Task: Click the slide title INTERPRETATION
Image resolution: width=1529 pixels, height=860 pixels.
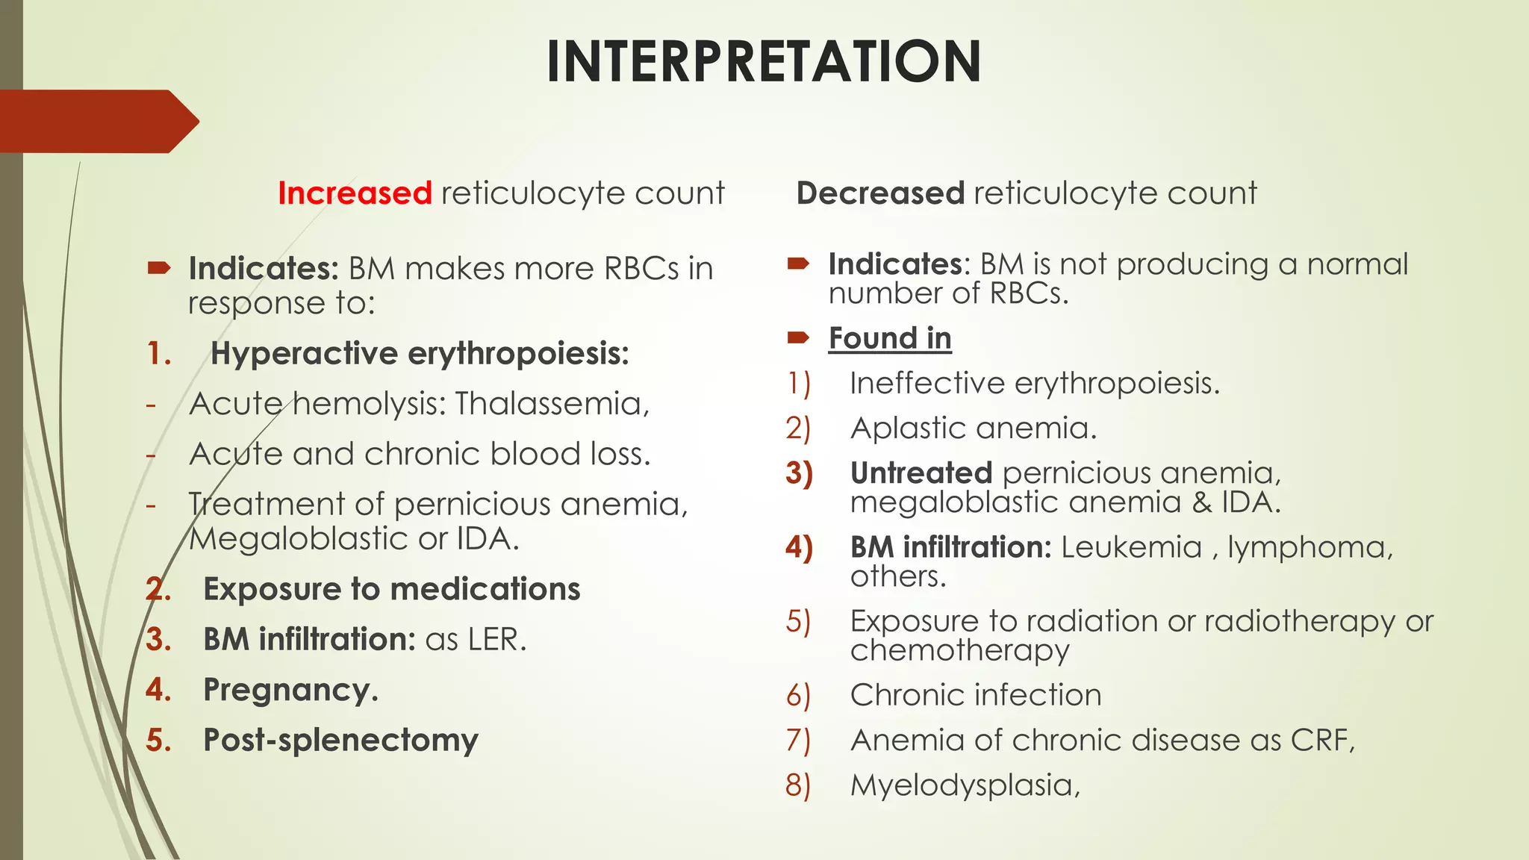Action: (x=763, y=61)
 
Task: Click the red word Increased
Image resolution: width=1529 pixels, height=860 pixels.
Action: (x=355, y=193)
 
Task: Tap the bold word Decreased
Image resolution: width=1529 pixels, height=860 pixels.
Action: (x=881, y=193)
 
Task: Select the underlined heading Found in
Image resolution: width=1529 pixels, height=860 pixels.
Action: (x=890, y=338)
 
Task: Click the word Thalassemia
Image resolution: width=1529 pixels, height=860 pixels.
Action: (x=552, y=404)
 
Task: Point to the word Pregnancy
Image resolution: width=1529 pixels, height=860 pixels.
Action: (x=290, y=691)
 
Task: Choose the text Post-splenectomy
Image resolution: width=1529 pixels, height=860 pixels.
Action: (x=340, y=741)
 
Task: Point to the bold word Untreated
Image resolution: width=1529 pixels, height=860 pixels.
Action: (x=921, y=473)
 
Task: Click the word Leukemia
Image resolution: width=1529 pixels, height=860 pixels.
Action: (x=1131, y=547)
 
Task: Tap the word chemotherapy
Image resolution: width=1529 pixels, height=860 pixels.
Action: (x=959, y=650)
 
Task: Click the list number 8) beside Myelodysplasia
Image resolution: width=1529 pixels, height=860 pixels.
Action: (x=797, y=785)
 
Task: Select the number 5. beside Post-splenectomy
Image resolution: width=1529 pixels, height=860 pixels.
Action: (x=159, y=741)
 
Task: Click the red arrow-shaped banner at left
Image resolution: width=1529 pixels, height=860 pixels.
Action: (x=97, y=121)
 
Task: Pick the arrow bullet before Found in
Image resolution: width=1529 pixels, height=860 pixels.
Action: (x=798, y=338)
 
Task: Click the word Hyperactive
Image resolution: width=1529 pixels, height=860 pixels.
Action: (x=304, y=354)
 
